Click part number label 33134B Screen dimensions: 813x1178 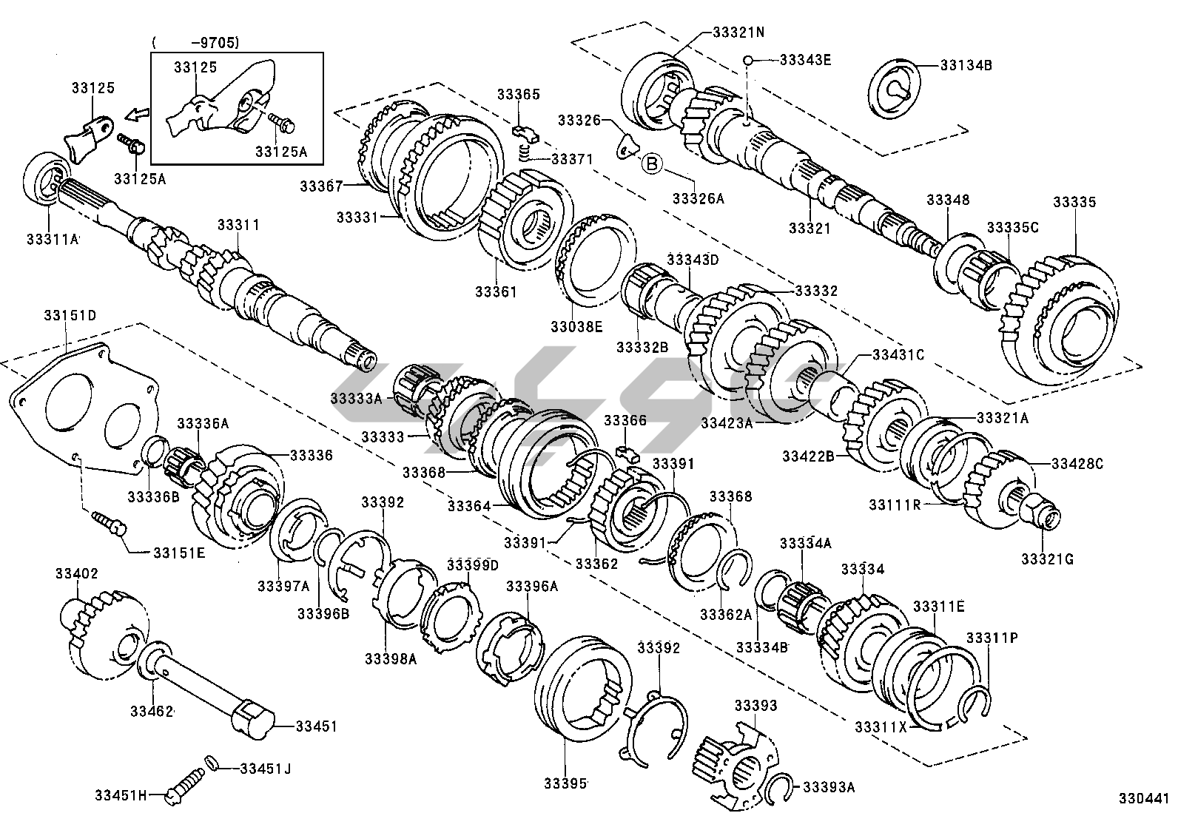click(966, 65)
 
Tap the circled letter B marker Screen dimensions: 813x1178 click(652, 163)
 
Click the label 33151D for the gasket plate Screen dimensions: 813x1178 click(67, 315)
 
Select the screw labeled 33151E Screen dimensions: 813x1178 click(109, 523)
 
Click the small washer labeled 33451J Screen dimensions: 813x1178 click(210, 762)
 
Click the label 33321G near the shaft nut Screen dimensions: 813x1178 click(1047, 559)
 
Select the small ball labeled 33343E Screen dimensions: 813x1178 click(749, 60)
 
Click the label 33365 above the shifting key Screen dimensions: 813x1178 click(518, 95)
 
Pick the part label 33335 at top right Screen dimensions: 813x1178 click(1074, 202)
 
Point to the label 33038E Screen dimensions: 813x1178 click(576, 325)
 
